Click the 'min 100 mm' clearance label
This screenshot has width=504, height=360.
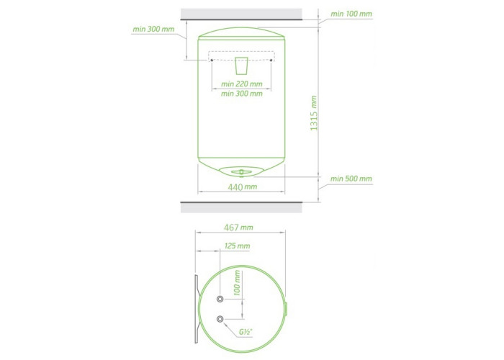pos(351,14)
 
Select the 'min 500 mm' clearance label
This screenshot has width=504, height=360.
pos(351,179)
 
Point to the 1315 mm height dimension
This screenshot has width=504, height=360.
pos(313,113)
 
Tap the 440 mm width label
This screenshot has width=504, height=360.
pos(243,186)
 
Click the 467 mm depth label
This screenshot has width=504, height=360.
pos(238,228)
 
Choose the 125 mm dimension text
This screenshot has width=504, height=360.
pos(237,246)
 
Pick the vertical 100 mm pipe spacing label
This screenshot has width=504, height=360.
pos(237,282)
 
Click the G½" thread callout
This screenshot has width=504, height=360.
pos(245,332)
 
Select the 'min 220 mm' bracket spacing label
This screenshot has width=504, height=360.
pos(242,84)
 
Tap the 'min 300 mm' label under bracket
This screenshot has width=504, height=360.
pos(242,94)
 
